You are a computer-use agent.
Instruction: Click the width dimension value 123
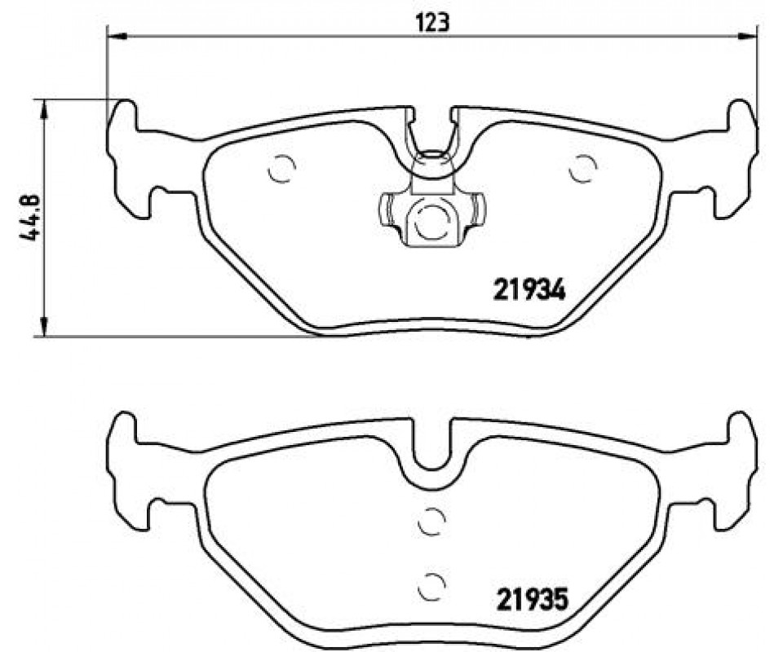point(432,22)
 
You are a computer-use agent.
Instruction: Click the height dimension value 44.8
point(29,217)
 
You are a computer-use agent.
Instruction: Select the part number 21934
point(529,290)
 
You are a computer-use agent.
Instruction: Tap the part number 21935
point(533,599)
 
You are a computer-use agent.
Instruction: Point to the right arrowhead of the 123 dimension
point(749,36)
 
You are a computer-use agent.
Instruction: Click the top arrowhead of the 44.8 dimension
point(45,108)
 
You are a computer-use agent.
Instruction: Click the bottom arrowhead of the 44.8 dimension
point(45,328)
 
